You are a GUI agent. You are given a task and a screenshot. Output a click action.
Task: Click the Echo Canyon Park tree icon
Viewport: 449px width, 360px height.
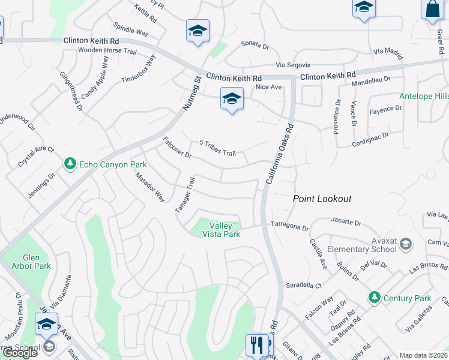(x=70, y=164)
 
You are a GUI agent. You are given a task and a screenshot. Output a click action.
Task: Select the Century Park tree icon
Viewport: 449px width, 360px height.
(x=375, y=298)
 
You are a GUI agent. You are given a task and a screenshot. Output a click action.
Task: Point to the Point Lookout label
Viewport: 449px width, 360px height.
(x=322, y=199)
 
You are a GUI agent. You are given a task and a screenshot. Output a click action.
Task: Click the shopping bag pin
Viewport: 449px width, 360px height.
(x=432, y=10)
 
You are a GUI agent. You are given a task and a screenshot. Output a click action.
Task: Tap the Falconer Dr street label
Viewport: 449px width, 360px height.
(x=176, y=148)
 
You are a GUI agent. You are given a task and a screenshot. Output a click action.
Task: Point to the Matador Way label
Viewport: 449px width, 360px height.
(x=149, y=187)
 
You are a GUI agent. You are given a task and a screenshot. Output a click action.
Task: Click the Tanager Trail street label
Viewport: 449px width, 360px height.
(x=185, y=194)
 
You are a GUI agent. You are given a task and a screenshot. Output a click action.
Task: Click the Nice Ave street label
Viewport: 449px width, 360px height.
(x=268, y=87)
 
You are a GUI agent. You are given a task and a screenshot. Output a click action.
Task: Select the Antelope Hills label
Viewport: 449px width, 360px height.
(x=424, y=97)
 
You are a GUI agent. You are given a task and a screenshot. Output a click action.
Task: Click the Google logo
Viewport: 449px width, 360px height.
(x=20, y=353)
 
